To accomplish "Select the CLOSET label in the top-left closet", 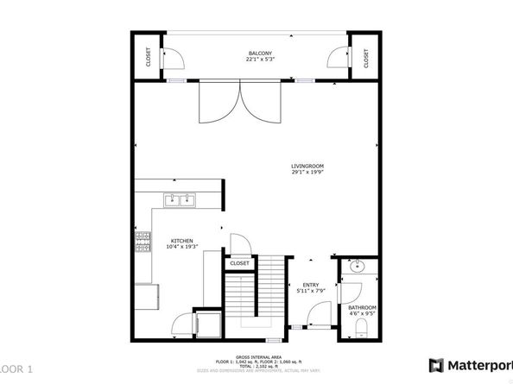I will pyautogui.click(x=148, y=58).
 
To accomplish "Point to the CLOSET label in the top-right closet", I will pyautogui.click(x=366, y=58).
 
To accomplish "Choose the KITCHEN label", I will pyautogui.click(x=180, y=241).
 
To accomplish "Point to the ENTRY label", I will pyautogui.click(x=310, y=285).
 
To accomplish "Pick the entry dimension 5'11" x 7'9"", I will pyautogui.click(x=310, y=292).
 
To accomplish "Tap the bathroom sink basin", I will pyautogui.click(x=359, y=267).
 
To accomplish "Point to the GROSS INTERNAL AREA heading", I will pyautogui.click(x=256, y=355).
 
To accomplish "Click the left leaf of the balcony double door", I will pyautogui.click(x=219, y=104).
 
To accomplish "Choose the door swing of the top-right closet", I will pyautogui.click(x=334, y=59).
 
